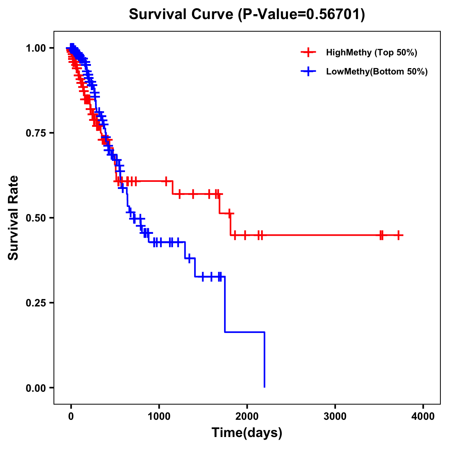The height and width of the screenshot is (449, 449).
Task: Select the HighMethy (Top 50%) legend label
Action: tap(371, 52)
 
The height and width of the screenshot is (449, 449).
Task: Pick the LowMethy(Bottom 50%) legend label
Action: tap(376, 71)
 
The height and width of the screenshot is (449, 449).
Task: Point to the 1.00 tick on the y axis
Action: tap(36, 48)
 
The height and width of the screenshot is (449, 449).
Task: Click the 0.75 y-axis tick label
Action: tap(36, 133)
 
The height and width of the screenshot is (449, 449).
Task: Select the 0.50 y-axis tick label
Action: tap(36, 218)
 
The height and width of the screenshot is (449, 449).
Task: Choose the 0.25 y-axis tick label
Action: tap(36, 303)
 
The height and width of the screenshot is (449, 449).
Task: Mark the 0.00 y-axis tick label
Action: tap(36, 388)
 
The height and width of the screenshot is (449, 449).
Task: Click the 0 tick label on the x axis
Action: tap(71, 416)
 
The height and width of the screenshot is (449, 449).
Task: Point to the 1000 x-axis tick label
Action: tap(159, 416)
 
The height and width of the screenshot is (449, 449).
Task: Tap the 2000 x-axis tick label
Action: tap(247, 416)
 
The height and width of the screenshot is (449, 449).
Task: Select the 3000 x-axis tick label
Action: tap(335, 416)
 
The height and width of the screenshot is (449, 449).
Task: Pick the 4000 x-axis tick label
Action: tap(423, 416)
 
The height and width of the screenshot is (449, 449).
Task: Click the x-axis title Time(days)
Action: tap(247, 433)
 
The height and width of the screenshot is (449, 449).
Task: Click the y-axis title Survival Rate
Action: tap(13, 218)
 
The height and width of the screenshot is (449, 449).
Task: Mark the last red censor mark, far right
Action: tap(399, 235)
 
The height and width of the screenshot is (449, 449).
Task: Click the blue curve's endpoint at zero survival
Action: tap(265, 387)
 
